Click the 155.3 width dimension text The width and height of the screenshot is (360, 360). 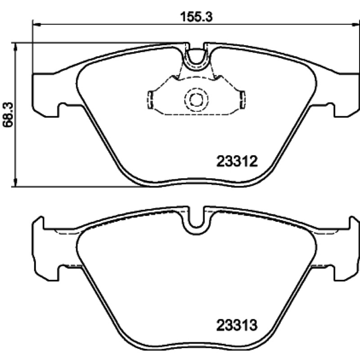pyautogui.click(x=196, y=17)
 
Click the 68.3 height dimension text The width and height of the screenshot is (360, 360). pyautogui.click(x=8, y=115)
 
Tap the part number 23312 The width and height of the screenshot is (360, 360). pyautogui.click(x=237, y=162)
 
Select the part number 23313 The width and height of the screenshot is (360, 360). pyautogui.click(x=237, y=325)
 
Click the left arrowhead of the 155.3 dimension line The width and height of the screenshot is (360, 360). pyautogui.click(x=37, y=23)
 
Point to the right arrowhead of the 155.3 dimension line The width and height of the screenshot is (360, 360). pyautogui.click(x=356, y=23)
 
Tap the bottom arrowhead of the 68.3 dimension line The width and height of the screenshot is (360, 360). pyautogui.click(x=15, y=183)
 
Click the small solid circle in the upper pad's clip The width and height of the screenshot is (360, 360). pyautogui.click(x=196, y=99)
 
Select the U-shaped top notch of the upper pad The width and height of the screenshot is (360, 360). pyautogui.click(x=196, y=60)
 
